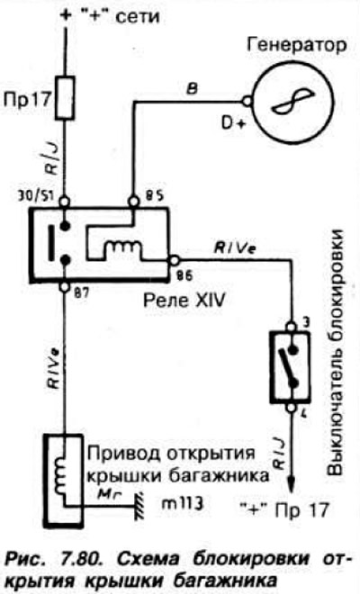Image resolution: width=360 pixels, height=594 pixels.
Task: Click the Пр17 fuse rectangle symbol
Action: (x=65, y=98)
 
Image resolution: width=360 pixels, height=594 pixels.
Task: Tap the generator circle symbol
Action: (x=292, y=101)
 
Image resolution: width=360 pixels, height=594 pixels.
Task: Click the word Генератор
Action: (x=296, y=45)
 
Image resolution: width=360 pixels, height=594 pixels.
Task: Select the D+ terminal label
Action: (x=232, y=123)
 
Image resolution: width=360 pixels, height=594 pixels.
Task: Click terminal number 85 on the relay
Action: (x=154, y=196)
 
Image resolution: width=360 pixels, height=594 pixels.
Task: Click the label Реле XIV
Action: (x=184, y=301)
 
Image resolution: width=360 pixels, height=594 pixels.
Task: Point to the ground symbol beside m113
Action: (x=139, y=507)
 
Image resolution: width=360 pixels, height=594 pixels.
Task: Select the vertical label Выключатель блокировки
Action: (x=335, y=352)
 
